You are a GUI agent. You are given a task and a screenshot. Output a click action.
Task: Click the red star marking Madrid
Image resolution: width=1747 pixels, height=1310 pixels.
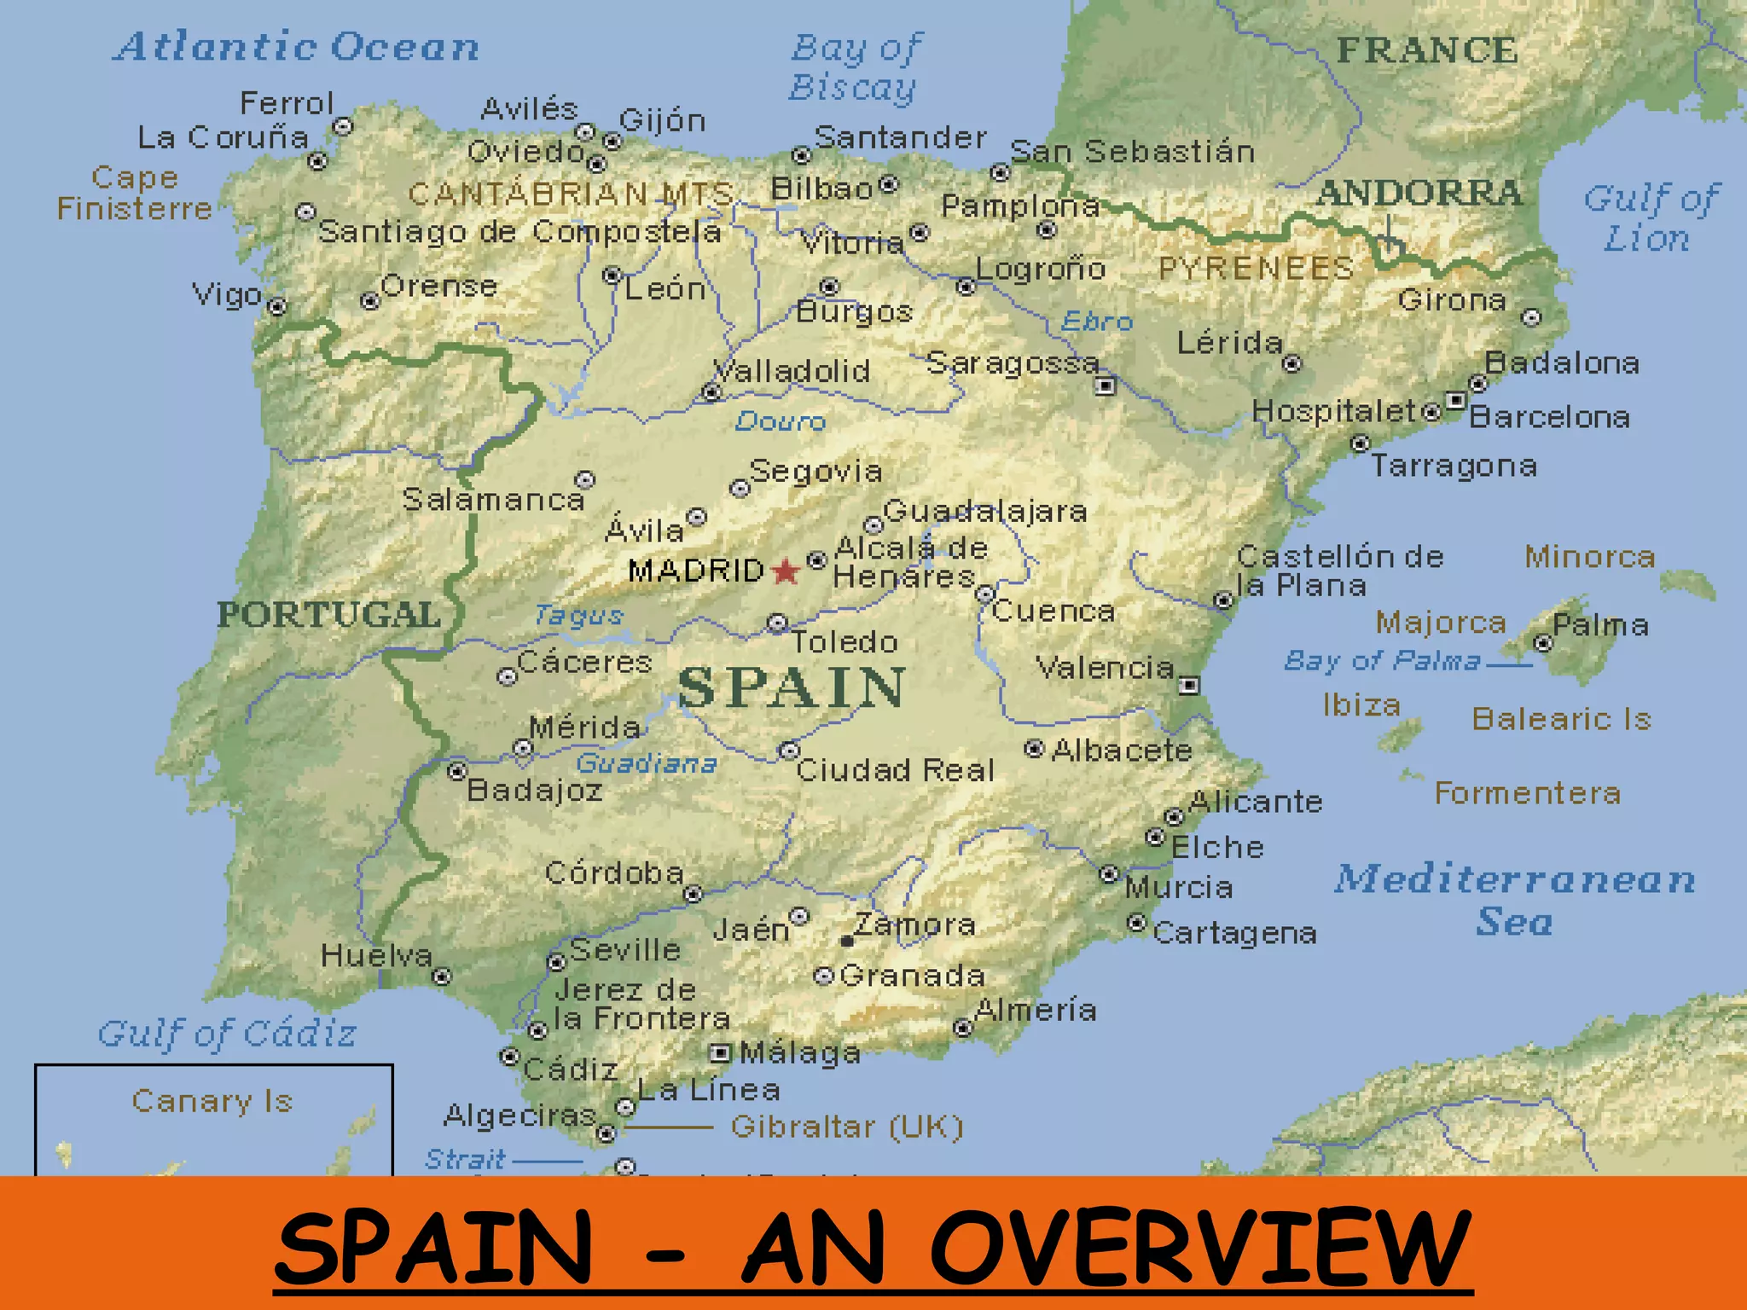pyautogui.click(x=785, y=571)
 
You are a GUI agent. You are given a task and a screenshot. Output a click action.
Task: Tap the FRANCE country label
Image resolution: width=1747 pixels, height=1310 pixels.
pyautogui.click(x=1427, y=50)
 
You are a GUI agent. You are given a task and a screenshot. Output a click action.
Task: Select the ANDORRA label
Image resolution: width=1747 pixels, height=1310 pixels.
pyautogui.click(x=1419, y=193)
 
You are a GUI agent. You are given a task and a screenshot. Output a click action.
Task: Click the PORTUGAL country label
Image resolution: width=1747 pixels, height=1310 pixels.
pyautogui.click(x=328, y=614)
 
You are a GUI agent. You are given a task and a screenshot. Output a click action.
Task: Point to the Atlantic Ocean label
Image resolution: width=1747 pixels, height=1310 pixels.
pyautogui.click(x=296, y=47)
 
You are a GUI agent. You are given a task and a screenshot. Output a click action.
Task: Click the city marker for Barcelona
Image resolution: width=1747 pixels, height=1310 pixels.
pyautogui.click(x=1455, y=400)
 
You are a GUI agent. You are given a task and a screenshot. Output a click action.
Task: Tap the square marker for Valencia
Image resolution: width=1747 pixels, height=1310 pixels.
pyautogui.click(x=1188, y=685)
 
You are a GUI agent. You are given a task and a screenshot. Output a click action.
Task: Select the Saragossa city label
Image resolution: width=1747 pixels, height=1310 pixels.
pyautogui.click(x=1013, y=364)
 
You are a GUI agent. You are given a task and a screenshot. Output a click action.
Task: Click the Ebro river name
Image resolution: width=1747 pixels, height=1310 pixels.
pyautogui.click(x=1097, y=322)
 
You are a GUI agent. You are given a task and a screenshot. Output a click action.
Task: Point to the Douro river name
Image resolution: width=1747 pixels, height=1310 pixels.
pyautogui.click(x=780, y=421)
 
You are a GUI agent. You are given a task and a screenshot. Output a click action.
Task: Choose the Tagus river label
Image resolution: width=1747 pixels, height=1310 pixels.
pyautogui.click(x=578, y=615)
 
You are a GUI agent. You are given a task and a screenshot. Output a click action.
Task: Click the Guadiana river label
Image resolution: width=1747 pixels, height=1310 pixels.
pyautogui.click(x=646, y=763)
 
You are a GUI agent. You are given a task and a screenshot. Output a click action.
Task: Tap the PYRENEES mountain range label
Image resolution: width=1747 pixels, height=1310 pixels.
pyautogui.click(x=1256, y=269)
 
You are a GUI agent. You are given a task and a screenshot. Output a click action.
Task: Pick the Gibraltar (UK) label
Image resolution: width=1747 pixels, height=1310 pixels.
pyautogui.click(x=847, y=1127)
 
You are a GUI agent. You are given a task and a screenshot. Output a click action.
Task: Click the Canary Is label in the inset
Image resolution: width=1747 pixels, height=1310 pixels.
pyautogui.click(x=212, y=1101)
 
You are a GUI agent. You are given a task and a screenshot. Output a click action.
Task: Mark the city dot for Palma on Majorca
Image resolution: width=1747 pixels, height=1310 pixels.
pyautogui.click(x=1542, y=643)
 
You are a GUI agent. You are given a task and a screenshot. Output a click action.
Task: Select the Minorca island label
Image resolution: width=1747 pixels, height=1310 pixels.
pyautogui.click(x=1590, y=557)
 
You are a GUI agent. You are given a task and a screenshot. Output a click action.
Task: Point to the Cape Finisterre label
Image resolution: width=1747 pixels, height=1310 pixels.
pyautogui.click(x=135, y=193)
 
